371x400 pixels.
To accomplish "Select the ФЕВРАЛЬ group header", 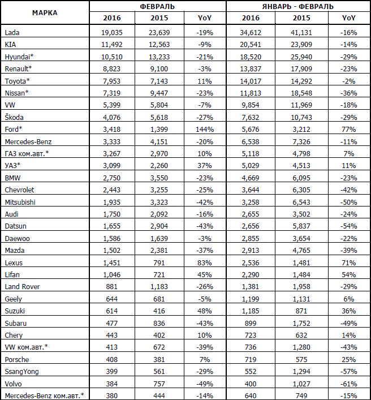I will point(157,6).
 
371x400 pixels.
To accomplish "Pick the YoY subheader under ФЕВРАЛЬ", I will point(205,18).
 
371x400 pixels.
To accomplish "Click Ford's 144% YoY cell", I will point(204,129).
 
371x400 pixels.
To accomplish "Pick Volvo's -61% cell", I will point(347,382).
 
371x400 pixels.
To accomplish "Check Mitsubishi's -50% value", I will point(347,201).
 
